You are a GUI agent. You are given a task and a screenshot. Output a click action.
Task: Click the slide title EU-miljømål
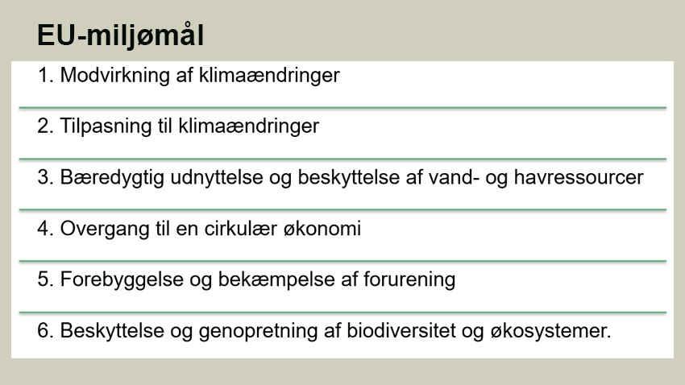coord(120,37)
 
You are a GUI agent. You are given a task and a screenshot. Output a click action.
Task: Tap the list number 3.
coord(44,177)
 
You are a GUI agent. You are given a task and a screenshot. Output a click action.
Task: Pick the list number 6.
coord(44,330)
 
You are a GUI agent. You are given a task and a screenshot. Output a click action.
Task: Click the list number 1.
coord(44,76)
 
